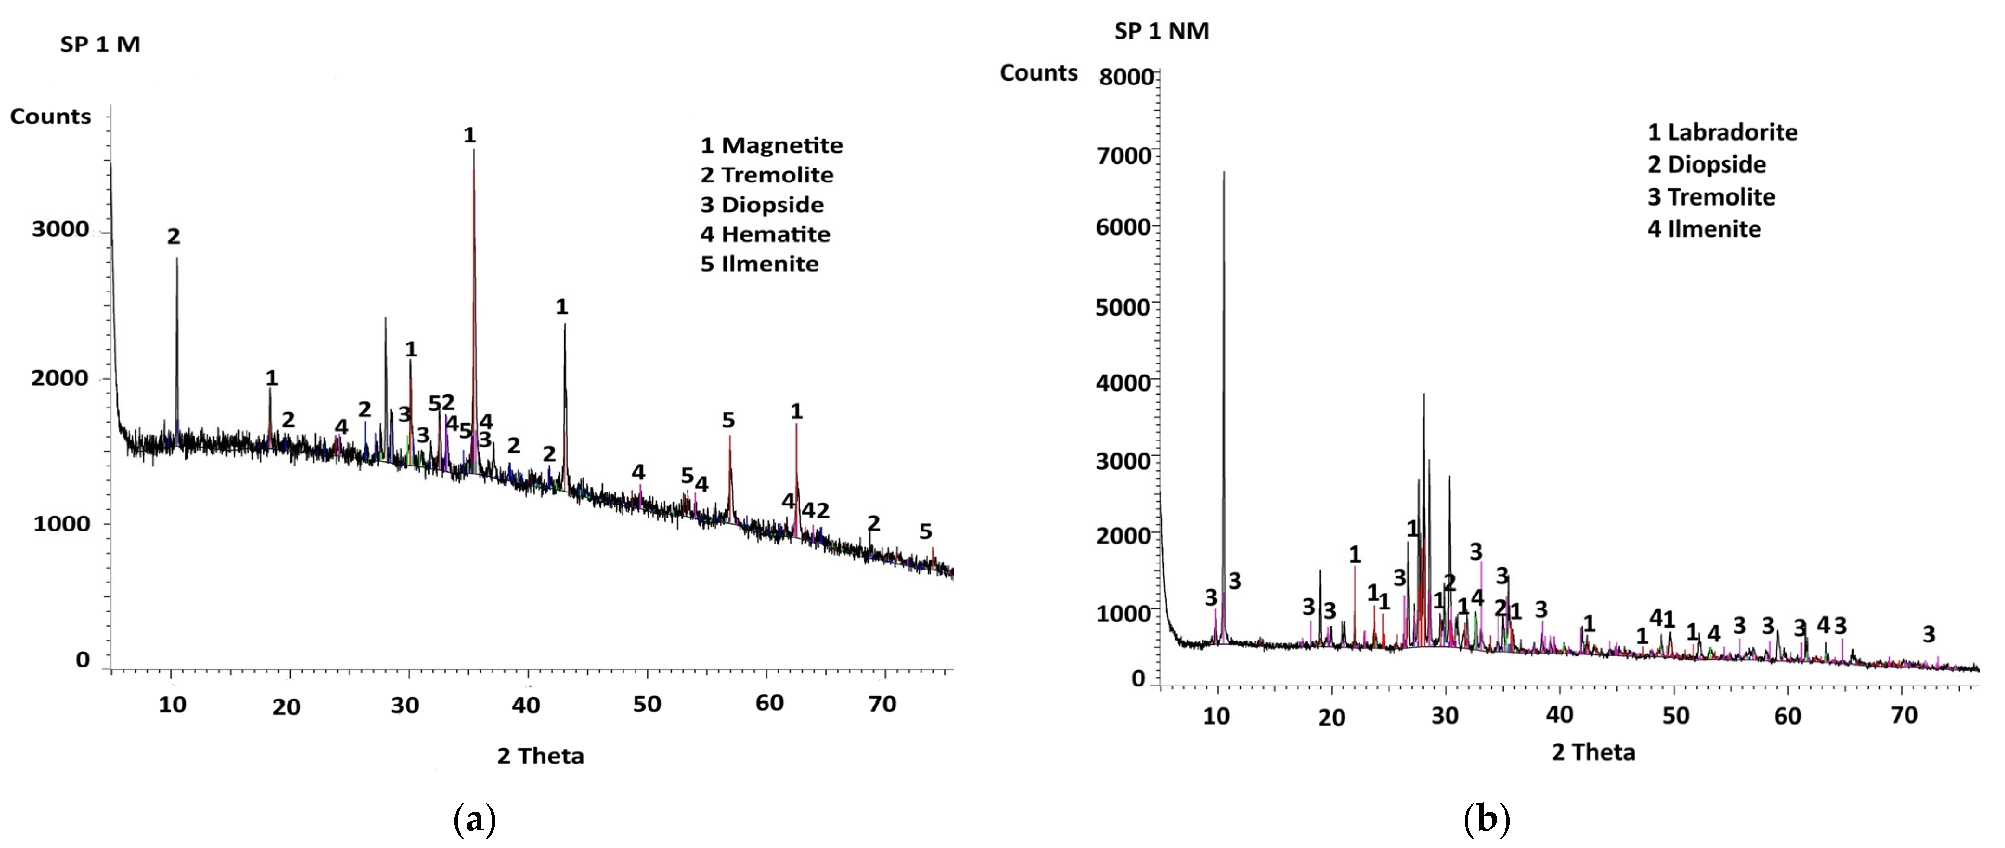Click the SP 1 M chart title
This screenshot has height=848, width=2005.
(100, 45)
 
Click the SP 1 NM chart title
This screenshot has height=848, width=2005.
(1161, 31)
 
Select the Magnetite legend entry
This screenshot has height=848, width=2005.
(772, 145)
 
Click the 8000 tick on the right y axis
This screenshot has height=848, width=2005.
(1125, 77)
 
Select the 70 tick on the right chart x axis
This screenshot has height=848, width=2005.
(1904, 715)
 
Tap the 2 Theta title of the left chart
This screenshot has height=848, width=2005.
(540, 756)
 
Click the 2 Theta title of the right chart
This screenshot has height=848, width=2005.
(1593, 752)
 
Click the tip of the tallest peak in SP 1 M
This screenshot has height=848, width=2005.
(473, 150)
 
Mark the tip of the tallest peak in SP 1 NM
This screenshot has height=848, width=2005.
(1224, 172)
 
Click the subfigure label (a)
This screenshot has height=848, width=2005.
(474, 820)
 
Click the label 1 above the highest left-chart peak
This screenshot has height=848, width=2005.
(469, 136)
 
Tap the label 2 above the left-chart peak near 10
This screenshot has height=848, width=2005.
(173, 237)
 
